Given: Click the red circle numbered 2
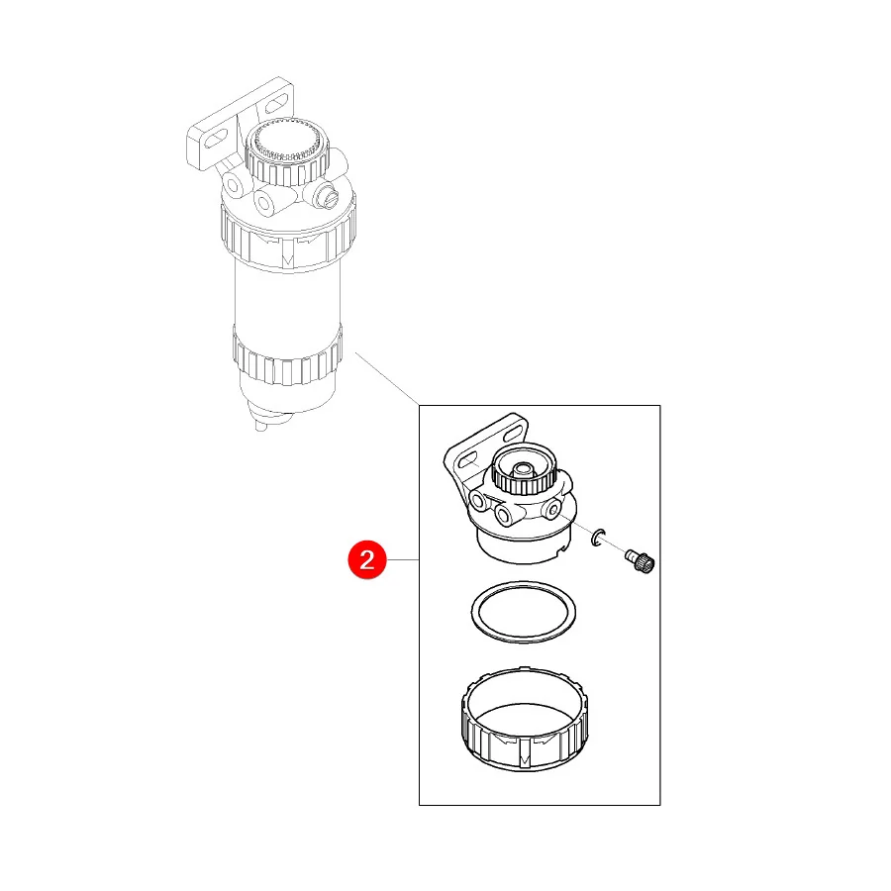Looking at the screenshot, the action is [x=367, y=559].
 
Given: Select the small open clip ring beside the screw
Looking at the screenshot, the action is [x=598, y=537].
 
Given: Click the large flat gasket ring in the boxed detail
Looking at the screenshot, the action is [x=524, y=612].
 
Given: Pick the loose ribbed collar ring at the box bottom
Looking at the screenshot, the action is [x=525, y=720].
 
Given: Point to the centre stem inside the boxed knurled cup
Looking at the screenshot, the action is [x=522, y=469].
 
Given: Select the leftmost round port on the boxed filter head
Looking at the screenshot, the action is [x=477, y=501].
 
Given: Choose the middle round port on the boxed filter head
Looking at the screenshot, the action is [x=504, y=516].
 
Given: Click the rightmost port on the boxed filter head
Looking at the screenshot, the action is [x=551, y=509].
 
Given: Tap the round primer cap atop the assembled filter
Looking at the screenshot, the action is [x=287, y=150].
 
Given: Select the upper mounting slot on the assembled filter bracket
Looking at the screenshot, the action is [x=277, y=103].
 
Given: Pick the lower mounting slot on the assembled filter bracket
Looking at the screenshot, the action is [x=215, y=139].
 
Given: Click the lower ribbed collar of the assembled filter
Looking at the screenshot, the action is [x=287, y=355].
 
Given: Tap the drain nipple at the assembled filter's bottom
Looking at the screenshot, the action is [x=260, y=425].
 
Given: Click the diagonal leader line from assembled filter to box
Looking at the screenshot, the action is [x=387, y=378].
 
